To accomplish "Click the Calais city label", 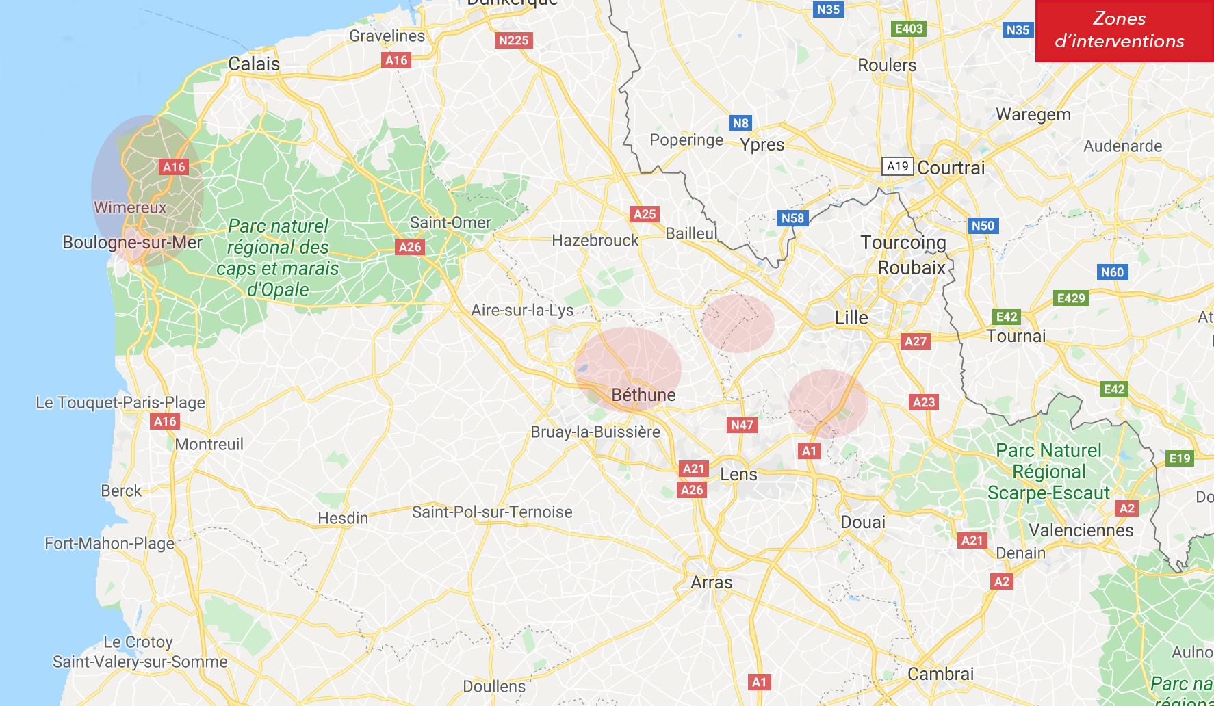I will coord(254,64).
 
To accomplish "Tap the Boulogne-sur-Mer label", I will coord(132,243).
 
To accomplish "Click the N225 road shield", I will coord(513,40).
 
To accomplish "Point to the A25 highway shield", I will coord(645,214).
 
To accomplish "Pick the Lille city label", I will coord(851,318).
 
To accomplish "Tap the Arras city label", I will coord(712,583).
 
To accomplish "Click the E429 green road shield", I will coord(1071,298).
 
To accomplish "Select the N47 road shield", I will coord(742,425).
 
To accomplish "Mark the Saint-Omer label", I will coord(450,223).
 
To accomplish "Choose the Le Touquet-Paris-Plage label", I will coord(120,402).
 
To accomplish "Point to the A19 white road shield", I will coord(897,166).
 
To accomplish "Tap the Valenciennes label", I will coord(1081,531).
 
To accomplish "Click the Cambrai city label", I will coord(940,674).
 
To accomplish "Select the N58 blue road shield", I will coord(792,218).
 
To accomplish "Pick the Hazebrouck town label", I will coord(595,241).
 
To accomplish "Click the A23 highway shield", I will coord(924,402).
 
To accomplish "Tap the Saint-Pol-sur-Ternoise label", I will coord(492,512).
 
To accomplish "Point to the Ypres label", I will coord(762,145).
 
